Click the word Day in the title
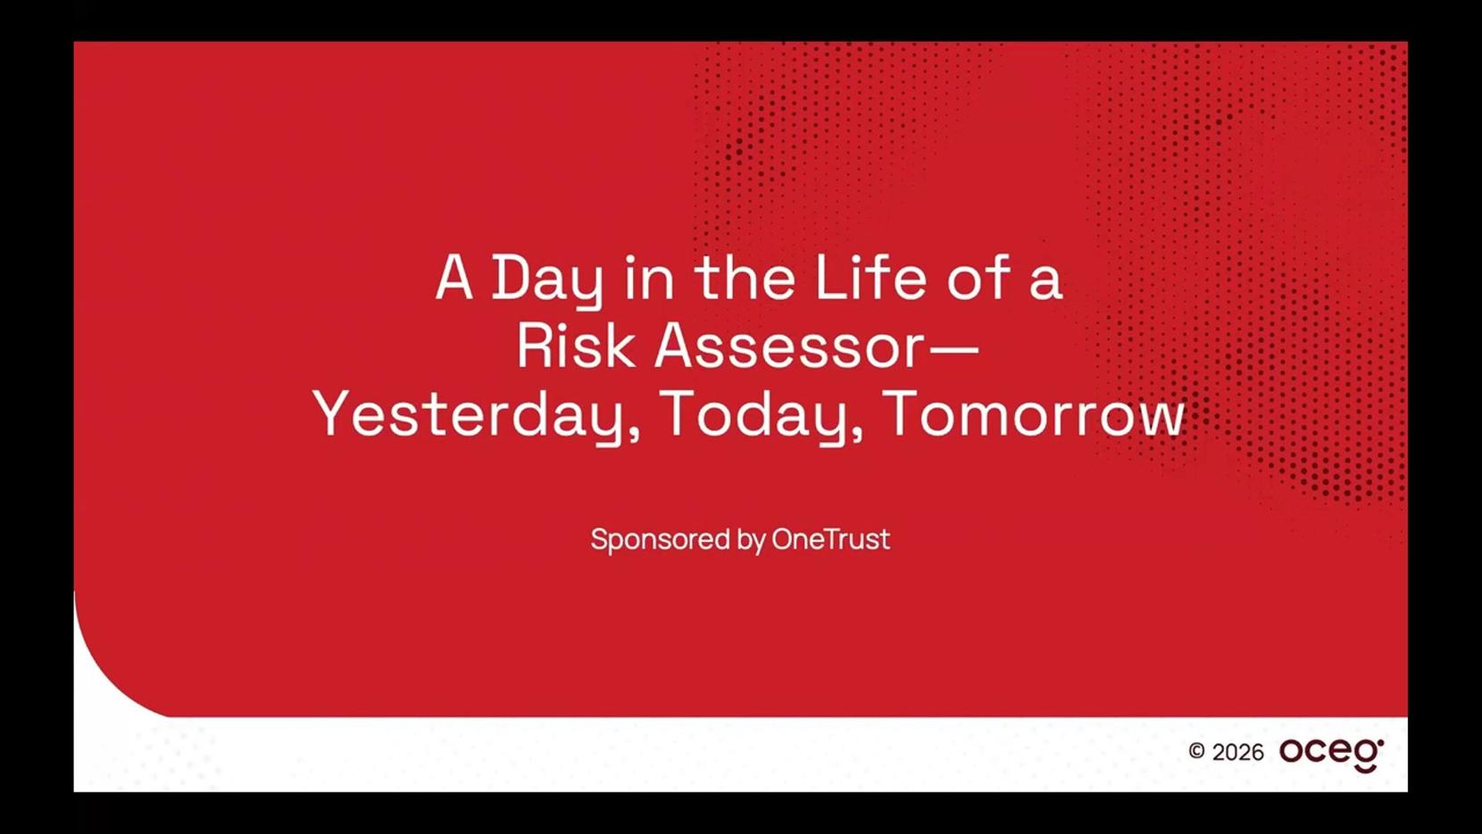pyautogui.click(x=547, y=280)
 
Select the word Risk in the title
pyautogui.click(x=575, y=346)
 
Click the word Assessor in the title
pyautogui.click(x=788, y=346)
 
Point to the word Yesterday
pyautogui.click(x=469, y=416)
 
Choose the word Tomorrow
pyautogui.click(x=1033, y=414)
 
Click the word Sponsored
pyautogui.click(x=660, y=540)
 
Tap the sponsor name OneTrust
pyautogui.click(x=830, y=538)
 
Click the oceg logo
pyautogui.click(x=1331, y=755)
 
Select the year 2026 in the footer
pyautogui.click(x=1238, y=753)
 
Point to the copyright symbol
pyautogui.click(x=1196, y=751)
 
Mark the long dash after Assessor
pyautogui.click(x=953, y=348)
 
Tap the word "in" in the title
pyautogui.click(x=649, y=278)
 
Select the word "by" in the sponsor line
pyautogui.click(x=751, y=540)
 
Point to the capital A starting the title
pyautogui.click(x=454, y=278)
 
